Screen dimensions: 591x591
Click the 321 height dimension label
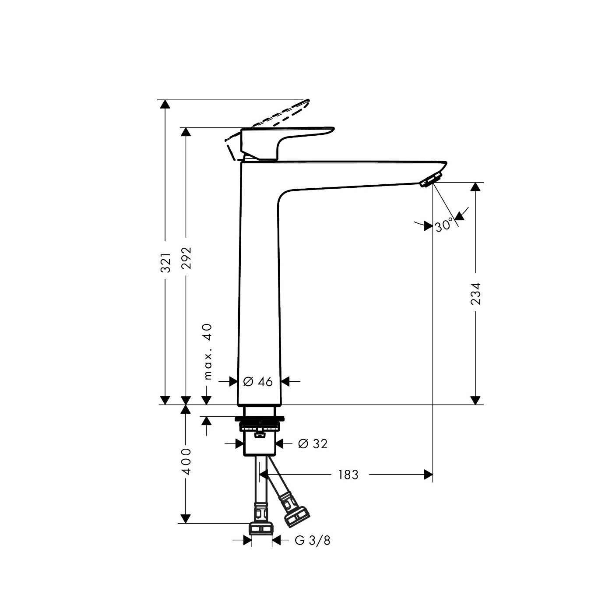coord(165,263)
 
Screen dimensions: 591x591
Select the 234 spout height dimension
coord(476,293)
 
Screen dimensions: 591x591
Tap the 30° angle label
coord(444,226)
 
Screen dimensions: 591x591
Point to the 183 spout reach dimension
coord(348,475)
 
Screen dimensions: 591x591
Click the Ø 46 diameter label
coord(258,382)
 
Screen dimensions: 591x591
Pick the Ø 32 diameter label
coord(313,444)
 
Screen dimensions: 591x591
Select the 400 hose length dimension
coord(186,461)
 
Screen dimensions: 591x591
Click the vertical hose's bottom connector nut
coord(261,528)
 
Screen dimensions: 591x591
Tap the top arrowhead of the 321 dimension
coord(165,104)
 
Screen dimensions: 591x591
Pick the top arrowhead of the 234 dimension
coord(475,187)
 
